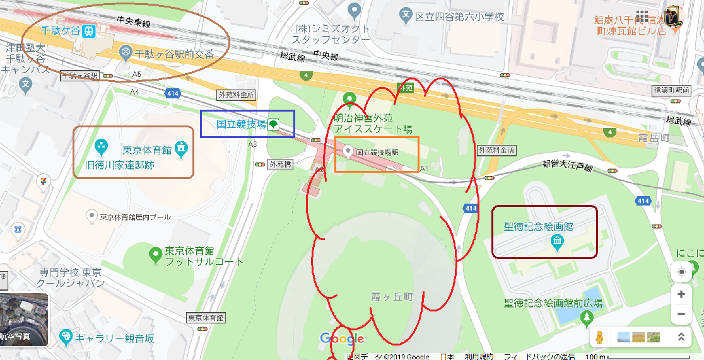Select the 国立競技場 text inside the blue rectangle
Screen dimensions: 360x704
coord(241,124)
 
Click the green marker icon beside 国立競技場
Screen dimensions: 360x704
coord(273,124)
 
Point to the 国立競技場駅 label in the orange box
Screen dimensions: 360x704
coord(377,152)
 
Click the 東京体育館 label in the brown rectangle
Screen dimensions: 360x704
coord(147,150)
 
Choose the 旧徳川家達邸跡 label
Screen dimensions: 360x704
coord(120,165)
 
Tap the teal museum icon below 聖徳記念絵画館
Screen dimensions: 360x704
coord(557,241)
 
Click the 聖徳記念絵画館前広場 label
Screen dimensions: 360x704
coord(553,303)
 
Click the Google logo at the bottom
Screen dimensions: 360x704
coord(342,339)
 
